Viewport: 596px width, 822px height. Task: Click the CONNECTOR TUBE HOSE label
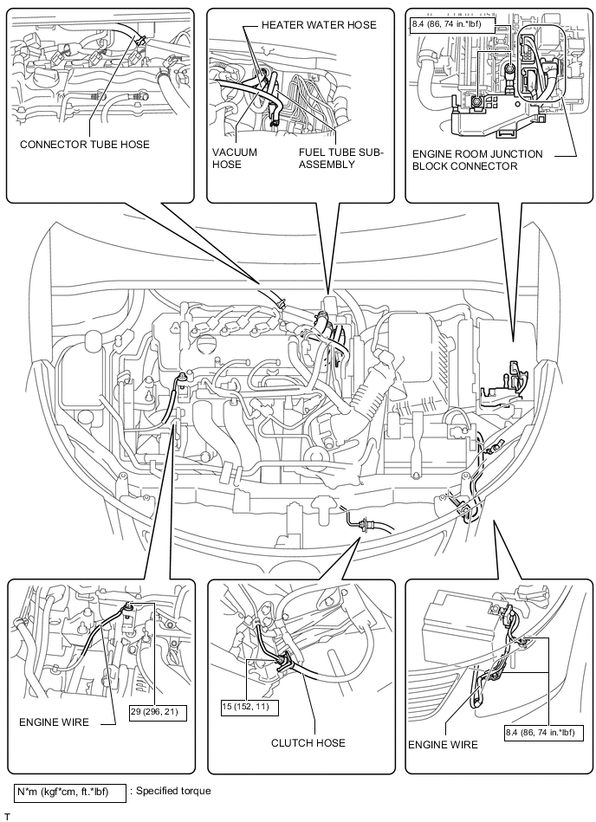point(84,144)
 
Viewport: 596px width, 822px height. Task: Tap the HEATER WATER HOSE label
point(319,24)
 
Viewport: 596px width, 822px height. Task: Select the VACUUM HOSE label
point(235,159)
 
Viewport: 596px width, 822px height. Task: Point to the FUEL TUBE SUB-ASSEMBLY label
point(341,159)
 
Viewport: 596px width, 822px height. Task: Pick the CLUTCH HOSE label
point(308,743)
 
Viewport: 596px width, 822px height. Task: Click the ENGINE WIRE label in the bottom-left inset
point(54,722)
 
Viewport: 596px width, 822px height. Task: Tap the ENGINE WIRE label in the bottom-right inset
point(443,744)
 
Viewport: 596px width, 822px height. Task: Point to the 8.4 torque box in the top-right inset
point(452,24)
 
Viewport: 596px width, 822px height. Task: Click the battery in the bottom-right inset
point(460,630)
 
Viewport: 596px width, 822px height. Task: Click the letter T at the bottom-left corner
point(7,817)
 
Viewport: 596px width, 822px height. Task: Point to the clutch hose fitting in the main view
point(361,522)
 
